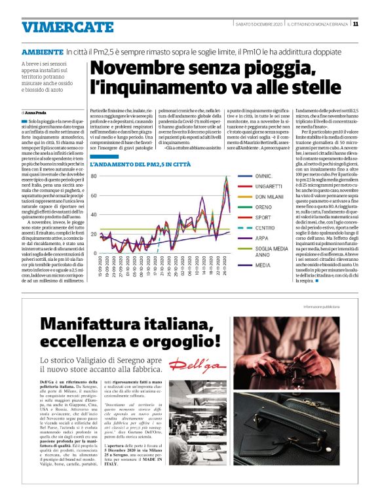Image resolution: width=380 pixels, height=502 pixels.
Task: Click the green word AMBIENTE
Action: click(42, 50)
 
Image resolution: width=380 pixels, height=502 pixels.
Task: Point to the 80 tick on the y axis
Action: click(93, 176)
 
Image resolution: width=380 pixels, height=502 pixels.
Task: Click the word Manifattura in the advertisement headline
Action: click(90, 324)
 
